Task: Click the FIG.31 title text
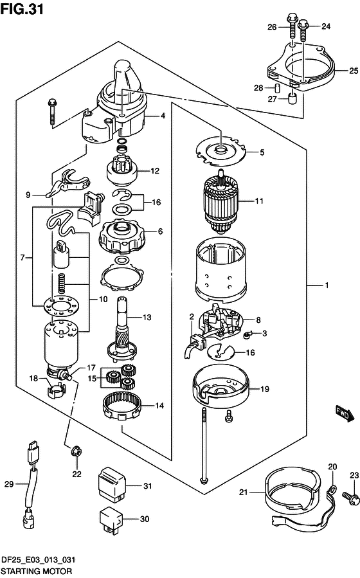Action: pyautogui.click(x=22, y=8)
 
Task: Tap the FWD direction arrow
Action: pyautogui.click(x=345, y=413)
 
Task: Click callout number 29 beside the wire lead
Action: pyautogui.click(x=9, y=484)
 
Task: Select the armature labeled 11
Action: pyautogui.click(x=221, y=201)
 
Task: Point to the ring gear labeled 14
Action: pyautogui.click(x=122, y=405)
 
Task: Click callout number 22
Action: pyautogui.click(x=76, y=474)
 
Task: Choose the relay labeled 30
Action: pyautogui.click(x=111, y=519)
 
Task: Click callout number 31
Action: pyautogui.click(x=147, y=486)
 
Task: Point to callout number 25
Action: pyautogui.click(x=354, y=71)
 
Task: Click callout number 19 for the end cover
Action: pyautogui.click(x=265, y=389)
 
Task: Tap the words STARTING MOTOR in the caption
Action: pyautogui.click(x=37, y=571)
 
